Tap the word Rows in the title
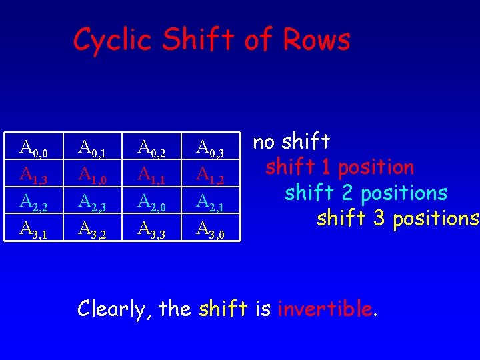click(316, 40)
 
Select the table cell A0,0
click(34, 148)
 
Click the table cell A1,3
click(34, 175)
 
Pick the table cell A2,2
click(34, 201)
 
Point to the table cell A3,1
click(34, 229)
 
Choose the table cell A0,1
click(92, 148)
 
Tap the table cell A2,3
click(92, 201)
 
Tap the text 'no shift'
click(291, 141)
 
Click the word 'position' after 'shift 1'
click(376, 167)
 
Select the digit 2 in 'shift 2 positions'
click(346, 193)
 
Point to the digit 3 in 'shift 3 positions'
click(378, 218)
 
